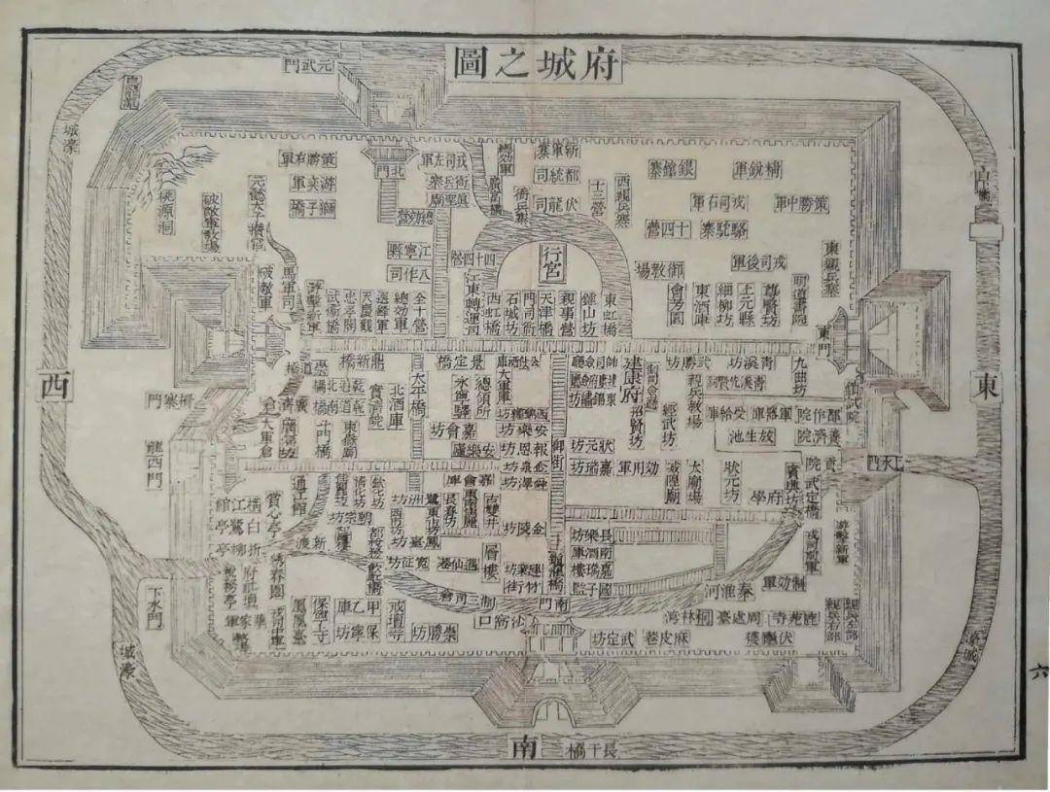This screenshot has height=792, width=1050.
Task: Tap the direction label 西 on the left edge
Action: pyautogui.click(x=53, y=385)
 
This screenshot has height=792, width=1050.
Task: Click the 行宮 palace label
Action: pyautogui.click(x=551, y=263)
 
